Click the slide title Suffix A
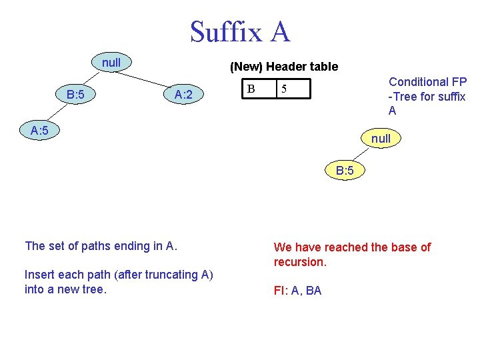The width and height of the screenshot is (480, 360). pyautogui.click(x=240, y=31)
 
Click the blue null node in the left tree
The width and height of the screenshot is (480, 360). pyautogui.click(x=111, y=63)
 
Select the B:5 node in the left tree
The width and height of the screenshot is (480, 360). pyautogui.click(x=75, y=95)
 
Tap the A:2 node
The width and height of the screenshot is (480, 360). pyautogui.click(x=183, y=95)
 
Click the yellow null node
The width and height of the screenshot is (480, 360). pyautogui.click(x=381, y=139)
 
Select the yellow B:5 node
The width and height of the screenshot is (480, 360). pyautogui.click(x=345, y=171)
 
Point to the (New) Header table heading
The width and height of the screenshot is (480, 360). pyautogui.click(x=283, y=67)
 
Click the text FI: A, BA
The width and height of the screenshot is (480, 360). pyautogui.click(x=297, y=291)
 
